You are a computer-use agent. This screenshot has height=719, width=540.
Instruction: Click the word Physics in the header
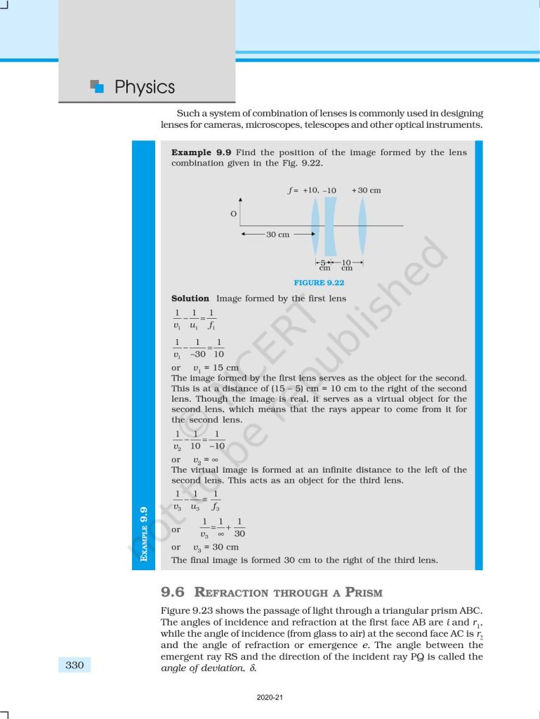point(144,88)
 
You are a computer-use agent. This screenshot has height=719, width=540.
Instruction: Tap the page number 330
point(75,665)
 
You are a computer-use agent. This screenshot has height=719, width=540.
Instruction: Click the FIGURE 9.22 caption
point(319,283)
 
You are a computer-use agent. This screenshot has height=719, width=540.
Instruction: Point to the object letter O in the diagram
point(233,213)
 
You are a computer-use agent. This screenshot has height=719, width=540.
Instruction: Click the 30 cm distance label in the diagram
point(277,235)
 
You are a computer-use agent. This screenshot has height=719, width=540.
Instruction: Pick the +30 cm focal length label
point(367,190)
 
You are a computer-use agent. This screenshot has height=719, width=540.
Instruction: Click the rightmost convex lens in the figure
point(362,225)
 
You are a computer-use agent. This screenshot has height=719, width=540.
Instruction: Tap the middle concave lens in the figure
point(330,225)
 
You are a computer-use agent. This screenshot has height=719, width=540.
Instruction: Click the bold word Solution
point(190,298)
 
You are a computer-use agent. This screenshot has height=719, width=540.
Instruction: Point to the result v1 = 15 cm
point(216,367)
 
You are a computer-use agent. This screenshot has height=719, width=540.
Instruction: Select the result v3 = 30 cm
point(216,547)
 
